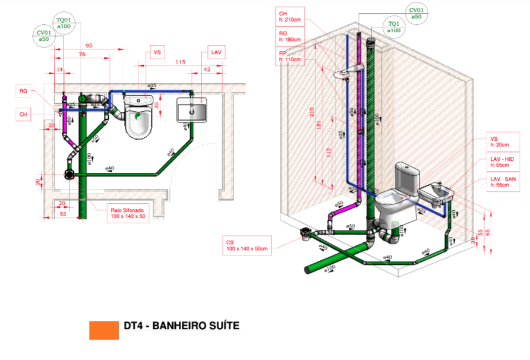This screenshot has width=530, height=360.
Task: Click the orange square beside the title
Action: [104, 330]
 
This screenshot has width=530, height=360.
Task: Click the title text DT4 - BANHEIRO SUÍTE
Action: [181, 326]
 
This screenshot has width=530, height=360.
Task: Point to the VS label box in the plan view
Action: [157, 53]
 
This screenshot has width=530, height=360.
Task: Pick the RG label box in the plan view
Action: [24, 91]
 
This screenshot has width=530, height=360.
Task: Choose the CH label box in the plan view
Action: [24, 114]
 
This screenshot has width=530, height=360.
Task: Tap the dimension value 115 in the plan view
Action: [181, 62]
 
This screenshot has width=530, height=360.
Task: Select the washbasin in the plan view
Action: [193, 110]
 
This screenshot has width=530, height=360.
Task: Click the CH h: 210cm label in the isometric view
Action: [291, 16]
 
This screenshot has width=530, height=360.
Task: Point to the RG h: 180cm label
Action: [291, 37]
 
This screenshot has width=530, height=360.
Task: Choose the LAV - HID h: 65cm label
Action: [503, 163]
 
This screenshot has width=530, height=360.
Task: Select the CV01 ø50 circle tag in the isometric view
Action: [417, 14]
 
